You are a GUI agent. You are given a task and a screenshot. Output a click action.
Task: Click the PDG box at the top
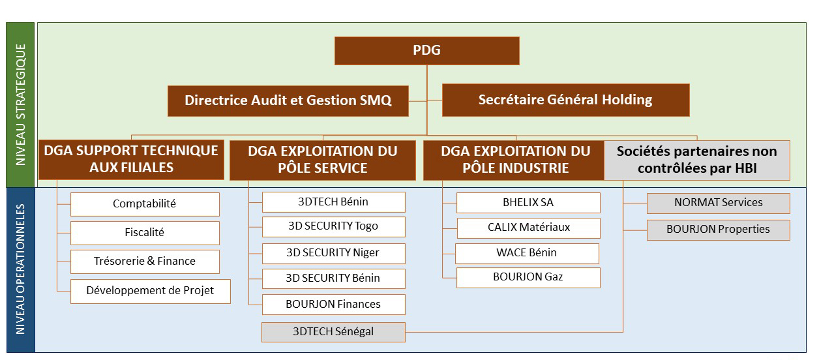(426, 51)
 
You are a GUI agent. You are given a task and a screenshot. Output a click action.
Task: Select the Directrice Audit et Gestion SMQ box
(288, 101)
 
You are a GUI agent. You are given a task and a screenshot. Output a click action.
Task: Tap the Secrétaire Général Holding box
(565, 100)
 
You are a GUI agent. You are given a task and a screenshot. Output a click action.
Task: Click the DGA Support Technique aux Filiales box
(131, 160)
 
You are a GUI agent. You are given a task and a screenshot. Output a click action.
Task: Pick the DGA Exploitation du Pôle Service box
(323, 160)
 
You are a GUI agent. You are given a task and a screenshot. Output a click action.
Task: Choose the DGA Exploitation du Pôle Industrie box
(514, 160)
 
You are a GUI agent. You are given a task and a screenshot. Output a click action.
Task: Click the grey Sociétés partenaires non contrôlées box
(697, 160)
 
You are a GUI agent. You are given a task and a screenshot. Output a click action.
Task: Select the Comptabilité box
(145, 204)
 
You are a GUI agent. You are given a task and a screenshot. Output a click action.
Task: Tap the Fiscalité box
(145, 233)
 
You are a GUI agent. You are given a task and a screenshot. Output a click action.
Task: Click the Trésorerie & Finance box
(145, 262)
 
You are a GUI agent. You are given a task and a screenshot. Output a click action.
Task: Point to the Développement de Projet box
(150, 292)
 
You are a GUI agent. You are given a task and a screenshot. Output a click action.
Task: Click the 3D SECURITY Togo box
(333, 227)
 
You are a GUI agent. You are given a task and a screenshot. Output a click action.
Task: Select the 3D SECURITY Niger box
(333, 254)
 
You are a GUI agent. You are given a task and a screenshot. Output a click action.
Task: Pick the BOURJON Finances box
(333, 305)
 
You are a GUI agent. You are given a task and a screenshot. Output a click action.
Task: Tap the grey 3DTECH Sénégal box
(333, 332)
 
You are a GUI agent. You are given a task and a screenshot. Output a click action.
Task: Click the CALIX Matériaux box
(529, 228)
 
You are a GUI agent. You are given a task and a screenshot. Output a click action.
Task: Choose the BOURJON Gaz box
(528, 278)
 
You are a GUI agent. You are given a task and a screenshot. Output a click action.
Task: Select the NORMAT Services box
(719, 203)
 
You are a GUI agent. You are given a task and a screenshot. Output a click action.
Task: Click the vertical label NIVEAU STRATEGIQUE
(20, 105)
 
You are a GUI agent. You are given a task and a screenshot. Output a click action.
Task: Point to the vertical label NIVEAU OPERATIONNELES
(20, 270)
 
